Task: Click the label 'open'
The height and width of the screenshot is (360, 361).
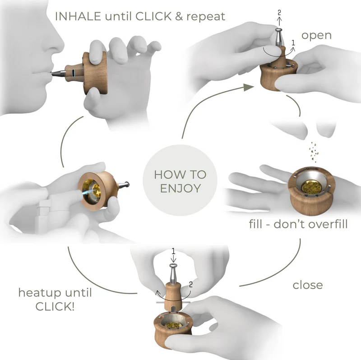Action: (x=316, y=35)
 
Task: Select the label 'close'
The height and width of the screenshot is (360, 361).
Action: (x=308, y=285)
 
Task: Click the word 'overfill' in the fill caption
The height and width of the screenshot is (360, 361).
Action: (x=327, y=224)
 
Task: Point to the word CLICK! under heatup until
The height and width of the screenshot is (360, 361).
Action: (x=55, y=306)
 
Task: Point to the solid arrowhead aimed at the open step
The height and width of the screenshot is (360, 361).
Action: (x=247, y=87)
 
